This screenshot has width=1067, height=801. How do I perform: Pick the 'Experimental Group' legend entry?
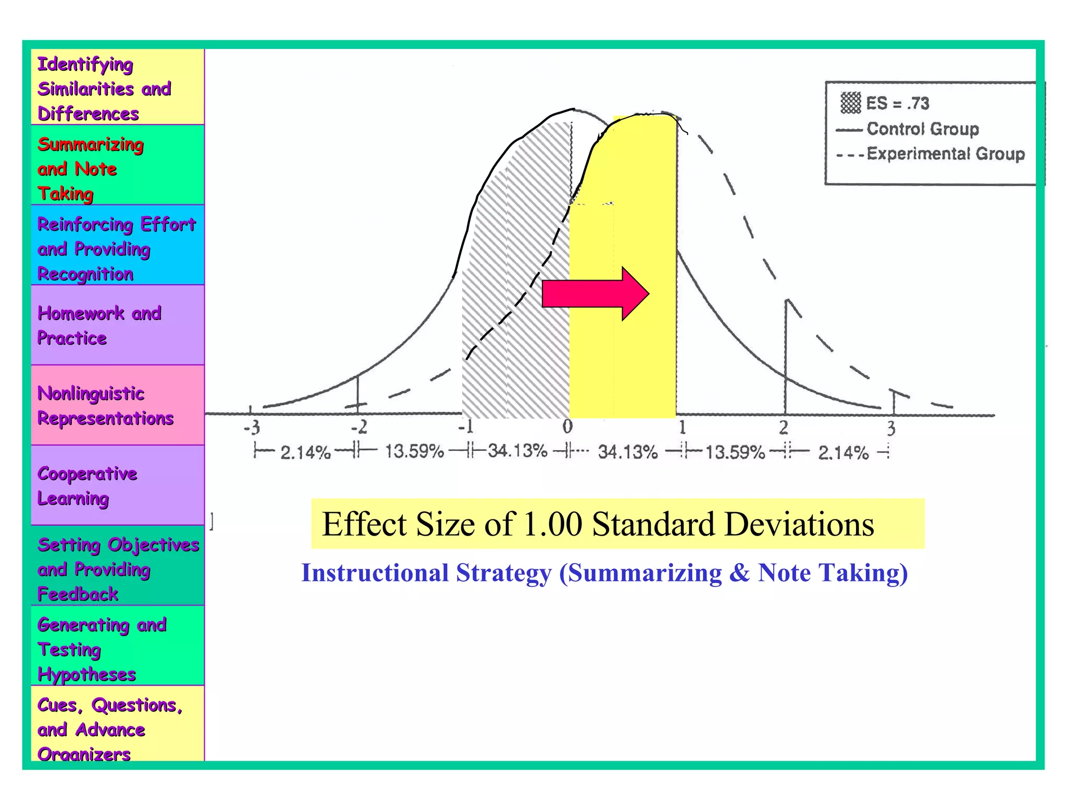click(945, 154)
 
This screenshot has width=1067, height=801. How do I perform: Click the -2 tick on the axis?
click(358, 428)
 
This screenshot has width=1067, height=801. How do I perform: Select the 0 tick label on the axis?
click(567, 427)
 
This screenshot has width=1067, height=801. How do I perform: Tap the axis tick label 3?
click(891, 429)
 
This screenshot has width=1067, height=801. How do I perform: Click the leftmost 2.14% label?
click(305, 452)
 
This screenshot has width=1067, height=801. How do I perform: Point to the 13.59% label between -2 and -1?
click(414, 451)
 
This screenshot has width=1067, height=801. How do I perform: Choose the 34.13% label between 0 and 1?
click(627, 452)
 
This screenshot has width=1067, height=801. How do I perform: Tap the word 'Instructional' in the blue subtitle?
click(375, 573)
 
